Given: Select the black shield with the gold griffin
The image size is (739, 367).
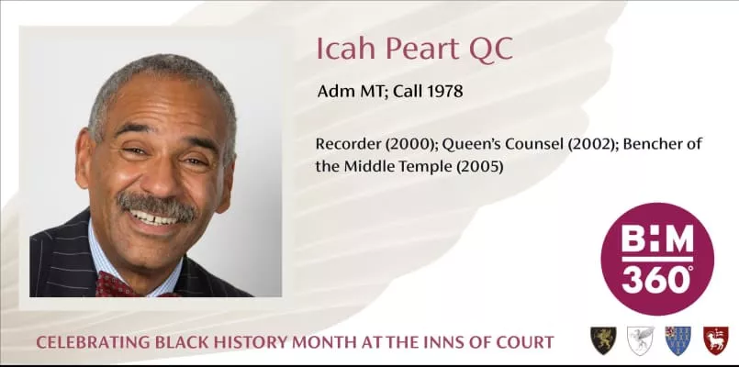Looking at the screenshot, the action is (x=603, y=340).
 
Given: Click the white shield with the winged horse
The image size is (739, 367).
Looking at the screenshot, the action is (x=641, y=340).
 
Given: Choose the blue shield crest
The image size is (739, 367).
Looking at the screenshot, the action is (x=678, y=340).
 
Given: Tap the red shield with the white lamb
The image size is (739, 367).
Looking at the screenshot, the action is (x=716, y=340).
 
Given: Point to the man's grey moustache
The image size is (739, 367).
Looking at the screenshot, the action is (x=157, y=206).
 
